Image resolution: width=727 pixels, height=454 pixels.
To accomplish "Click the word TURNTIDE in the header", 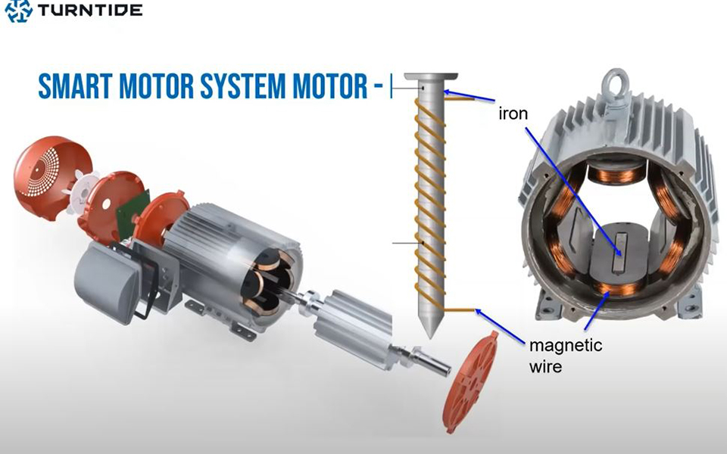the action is pos(90,10).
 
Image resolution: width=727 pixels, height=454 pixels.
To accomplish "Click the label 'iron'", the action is pos(513,113).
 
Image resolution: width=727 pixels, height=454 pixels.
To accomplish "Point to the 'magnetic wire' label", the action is pos(565,356).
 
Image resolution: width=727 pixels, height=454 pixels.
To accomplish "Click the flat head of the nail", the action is pos(431,77).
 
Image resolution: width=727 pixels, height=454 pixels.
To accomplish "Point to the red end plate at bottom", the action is pos(470,382).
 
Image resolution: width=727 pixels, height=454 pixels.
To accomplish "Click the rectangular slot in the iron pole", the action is pos(619,253).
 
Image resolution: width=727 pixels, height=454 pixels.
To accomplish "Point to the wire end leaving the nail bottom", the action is pos(459,309).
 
